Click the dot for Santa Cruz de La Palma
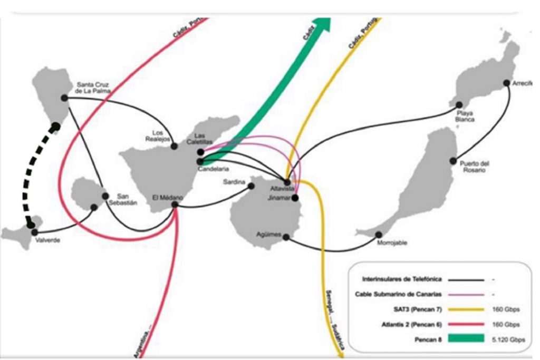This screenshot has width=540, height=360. [64, 98]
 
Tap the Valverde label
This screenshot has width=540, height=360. [47, 241]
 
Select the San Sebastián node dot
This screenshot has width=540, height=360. [105, 196]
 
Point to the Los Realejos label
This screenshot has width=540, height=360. [157, 135]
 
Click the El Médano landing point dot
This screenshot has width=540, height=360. [175, 206]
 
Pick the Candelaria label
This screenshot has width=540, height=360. [214, 169]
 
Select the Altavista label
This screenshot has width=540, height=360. [280, 188]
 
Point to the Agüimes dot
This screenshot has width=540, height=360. [286, 237]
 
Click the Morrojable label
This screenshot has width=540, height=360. [392, 243]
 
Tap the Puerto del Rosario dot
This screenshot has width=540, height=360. [453, 161]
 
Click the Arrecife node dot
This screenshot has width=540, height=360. [507, 83]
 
